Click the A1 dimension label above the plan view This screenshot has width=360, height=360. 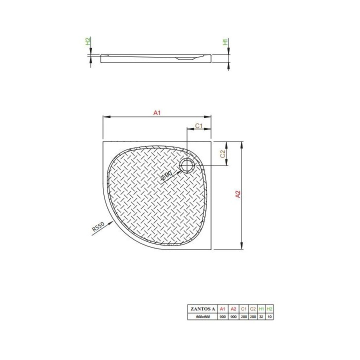click(156, 113)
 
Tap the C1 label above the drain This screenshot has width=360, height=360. click(198, 125)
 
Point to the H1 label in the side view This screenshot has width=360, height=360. click(226, 42)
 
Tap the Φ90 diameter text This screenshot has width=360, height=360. click(167, 175)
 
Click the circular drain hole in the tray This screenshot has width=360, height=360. click(188, 165)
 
